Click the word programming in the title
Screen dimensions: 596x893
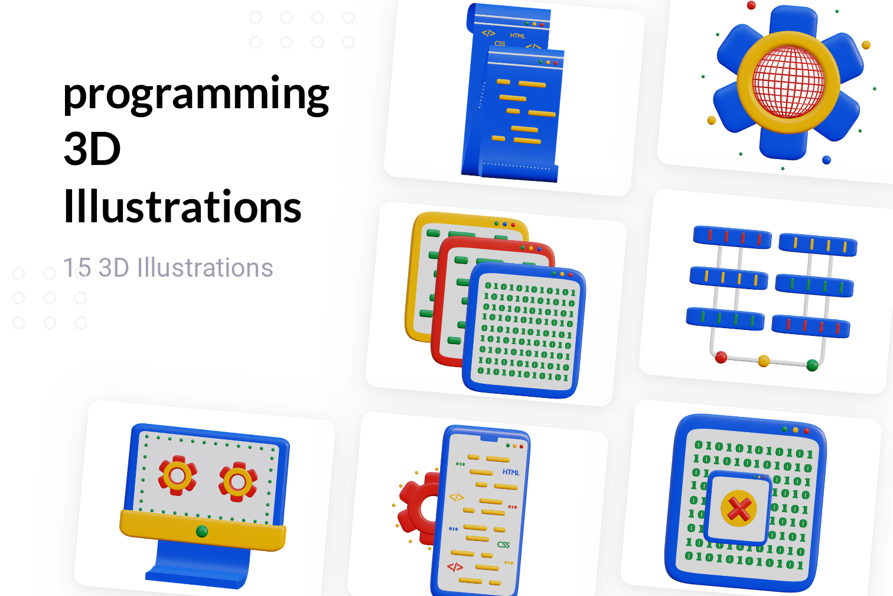pyautogui.click(x=195, y=95)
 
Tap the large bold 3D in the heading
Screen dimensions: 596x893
pyautogui.click(x=92, y=149)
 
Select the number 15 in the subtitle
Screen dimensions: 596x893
pyautogui.click(x=76, y=268)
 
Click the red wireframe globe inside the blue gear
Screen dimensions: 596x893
pyautogui.click(x=788, y=81)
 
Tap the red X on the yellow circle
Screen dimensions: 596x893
pyautogui.click(x=739, y=508)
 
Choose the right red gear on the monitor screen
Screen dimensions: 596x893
pyautogui.click(x=237, y=482)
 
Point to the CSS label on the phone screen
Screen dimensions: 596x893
pyautogui.click(x=503, y=545)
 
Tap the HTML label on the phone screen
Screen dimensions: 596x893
pyautogui.click(x=511, y=472)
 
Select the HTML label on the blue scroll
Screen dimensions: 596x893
pyautogui.click(x=517, y=36)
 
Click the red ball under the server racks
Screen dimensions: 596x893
pyautogui.click(x=721, y=357)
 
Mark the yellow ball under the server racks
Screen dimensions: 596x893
pyautogui.click(x=764, y=361)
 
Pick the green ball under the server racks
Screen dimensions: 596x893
pyautogui.click(x=812, y=365)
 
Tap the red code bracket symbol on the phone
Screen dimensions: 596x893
pyautogui.click(x=455, y=567)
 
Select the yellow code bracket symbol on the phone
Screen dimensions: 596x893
pyautogui.click(x=457, y=497)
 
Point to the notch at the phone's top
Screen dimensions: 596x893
pyautogui.click(x=488, y=439)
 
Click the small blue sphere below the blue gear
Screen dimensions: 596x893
pyautogui.click(x=826, y=160)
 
